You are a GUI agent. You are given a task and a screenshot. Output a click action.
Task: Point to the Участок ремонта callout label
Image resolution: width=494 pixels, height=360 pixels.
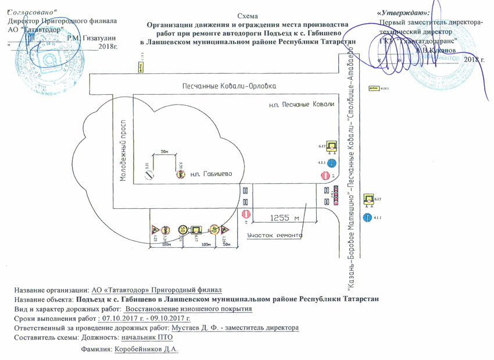click(x=274, y=236)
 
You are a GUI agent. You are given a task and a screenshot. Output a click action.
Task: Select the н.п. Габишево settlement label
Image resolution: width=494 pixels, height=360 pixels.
click(x=211, y=174)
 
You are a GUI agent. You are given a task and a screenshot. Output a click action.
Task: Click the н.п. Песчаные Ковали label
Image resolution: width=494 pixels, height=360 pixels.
click(x=302, y=105)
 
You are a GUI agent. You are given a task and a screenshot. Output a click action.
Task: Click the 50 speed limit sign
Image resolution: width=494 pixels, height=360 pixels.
click(x=182, y=229)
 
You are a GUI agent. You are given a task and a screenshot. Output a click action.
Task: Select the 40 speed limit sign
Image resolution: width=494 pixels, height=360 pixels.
click(x=214, y=229)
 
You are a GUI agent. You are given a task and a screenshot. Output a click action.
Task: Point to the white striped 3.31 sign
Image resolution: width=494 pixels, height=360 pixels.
click(x=148, y=172)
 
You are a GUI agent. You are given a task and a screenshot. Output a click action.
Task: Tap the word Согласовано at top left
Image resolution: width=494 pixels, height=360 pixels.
click(x=33, y=12)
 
